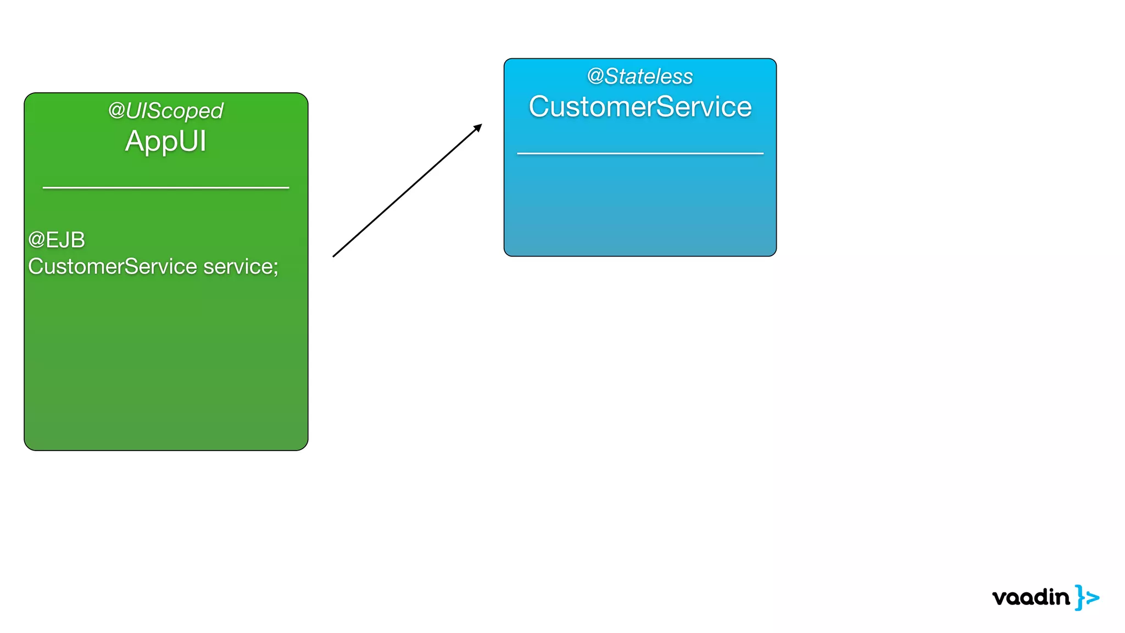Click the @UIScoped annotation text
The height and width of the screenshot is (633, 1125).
tap(165, 111)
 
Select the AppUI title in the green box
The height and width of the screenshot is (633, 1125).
tap(165, 141)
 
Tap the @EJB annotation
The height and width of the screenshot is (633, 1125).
tap(57, 240)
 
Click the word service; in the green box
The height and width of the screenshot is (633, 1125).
tap(241, 266)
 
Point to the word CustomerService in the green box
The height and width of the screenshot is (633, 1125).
tap(113, 266)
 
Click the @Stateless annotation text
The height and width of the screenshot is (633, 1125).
tap(640, 76)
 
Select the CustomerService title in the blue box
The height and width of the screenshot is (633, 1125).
tap(640, 107)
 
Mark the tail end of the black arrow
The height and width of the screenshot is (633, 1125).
tap(334, 256)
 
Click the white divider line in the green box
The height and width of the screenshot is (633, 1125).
tap(166, 187)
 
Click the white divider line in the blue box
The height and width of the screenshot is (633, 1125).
tap(640, 153)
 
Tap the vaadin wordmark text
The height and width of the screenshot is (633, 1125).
tap(1031, 597)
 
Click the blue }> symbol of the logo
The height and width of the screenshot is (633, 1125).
tap(1087, 597)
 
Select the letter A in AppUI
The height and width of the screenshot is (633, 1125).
tap(135, 141)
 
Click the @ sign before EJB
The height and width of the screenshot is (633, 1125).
tap(36, 240)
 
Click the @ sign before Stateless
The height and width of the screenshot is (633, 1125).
tap(595, 76)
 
